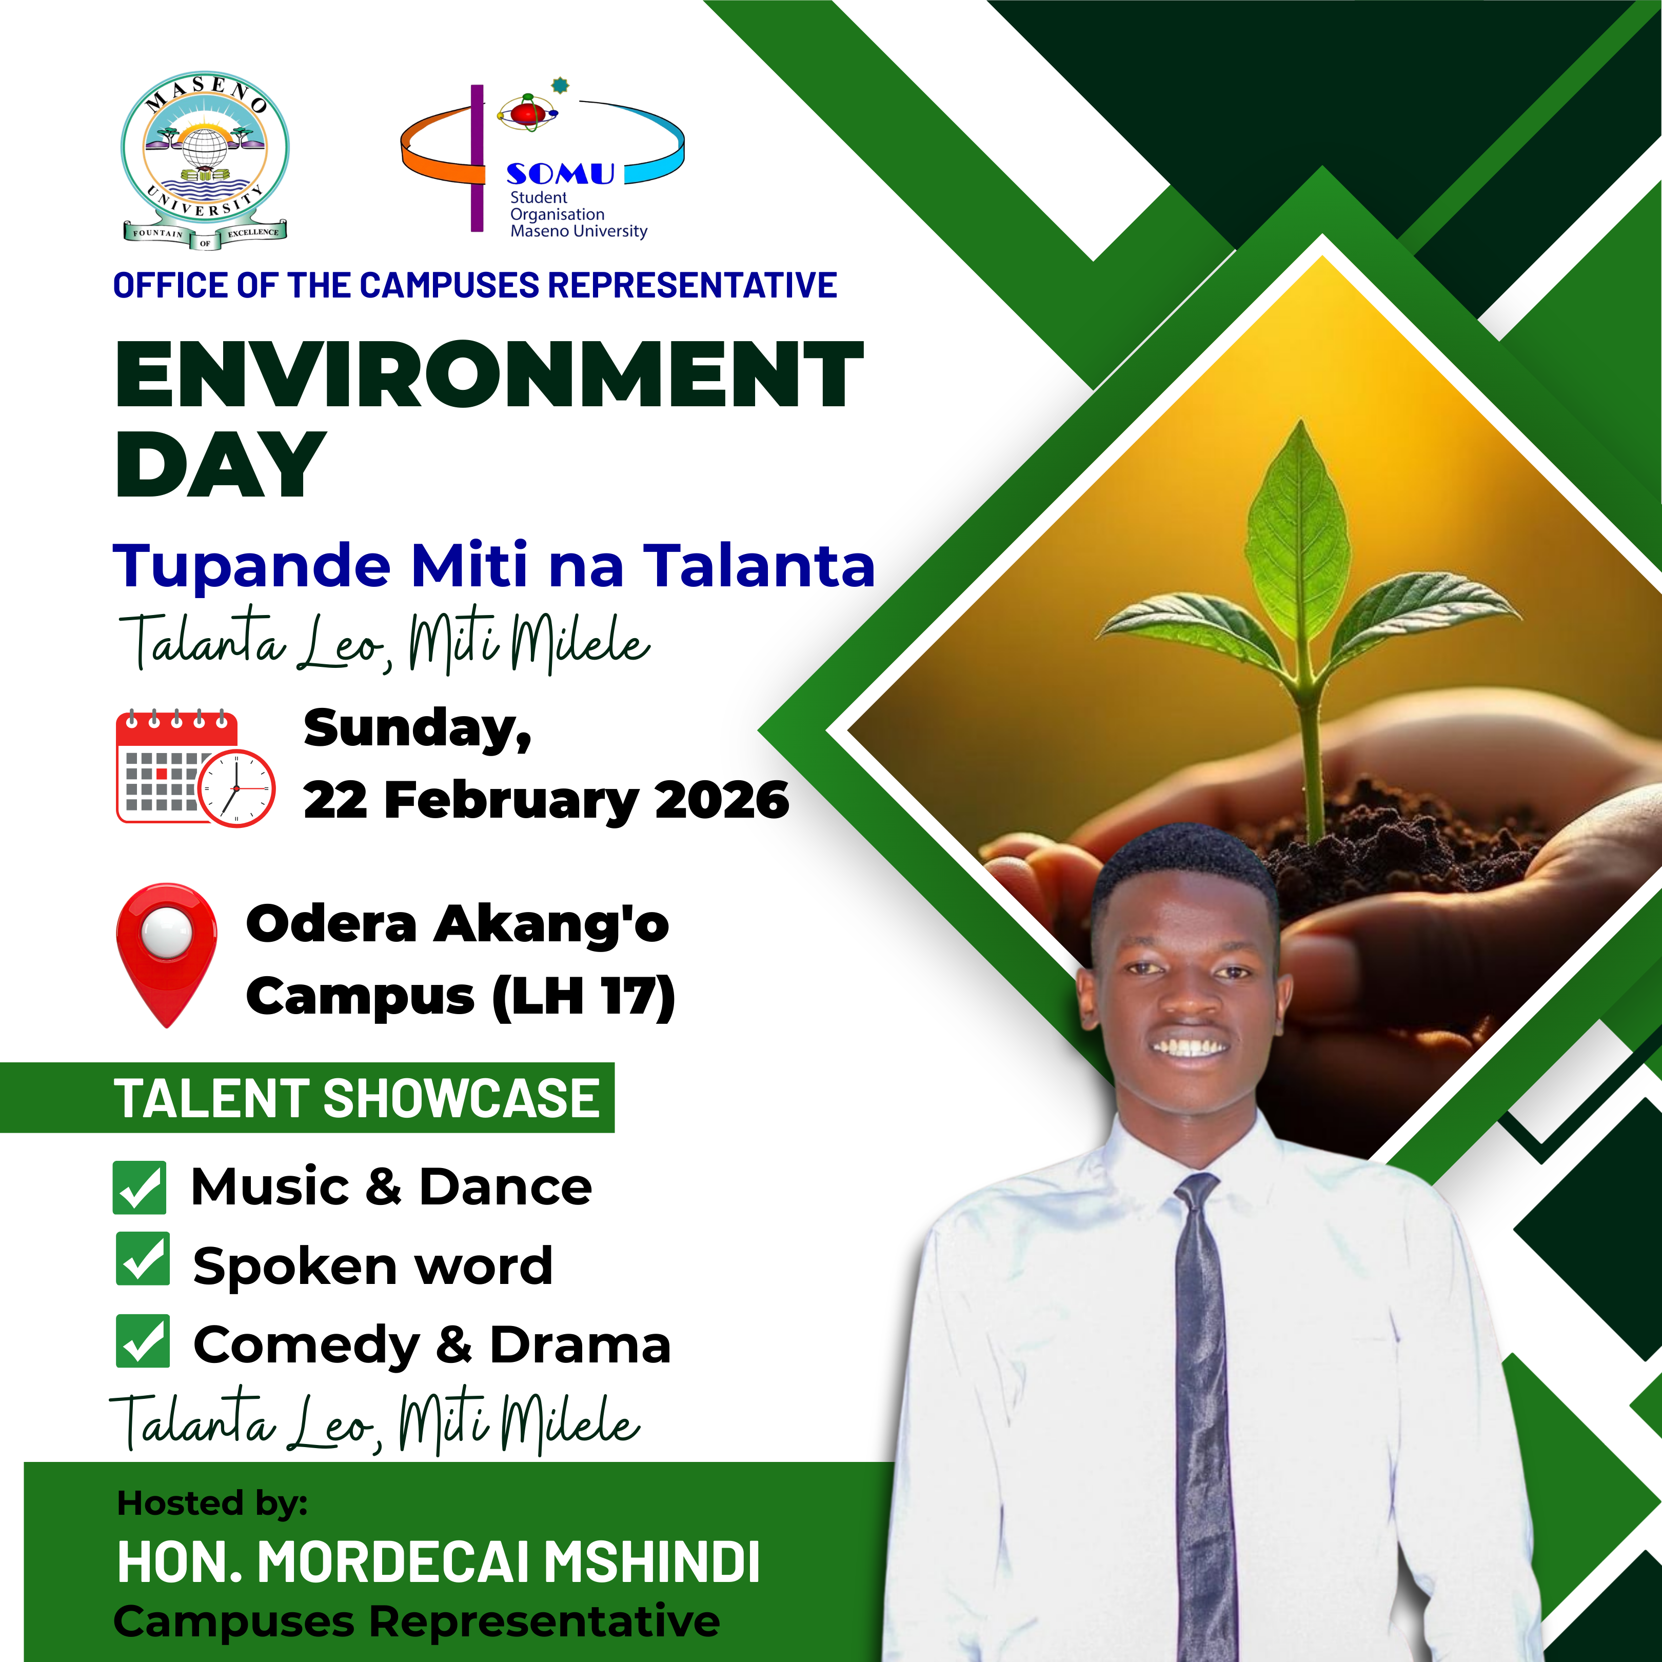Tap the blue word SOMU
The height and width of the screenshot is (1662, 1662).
(560, 174)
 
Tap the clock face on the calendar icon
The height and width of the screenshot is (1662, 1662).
(236, 788)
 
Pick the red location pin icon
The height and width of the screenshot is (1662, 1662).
(167, 954)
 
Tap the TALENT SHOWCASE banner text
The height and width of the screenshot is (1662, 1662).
(357, 1099)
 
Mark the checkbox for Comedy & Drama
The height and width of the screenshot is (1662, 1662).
(143, 1340)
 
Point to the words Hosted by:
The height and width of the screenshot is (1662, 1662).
(212, 1503)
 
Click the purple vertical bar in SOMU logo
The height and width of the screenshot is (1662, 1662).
(478, 159)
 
